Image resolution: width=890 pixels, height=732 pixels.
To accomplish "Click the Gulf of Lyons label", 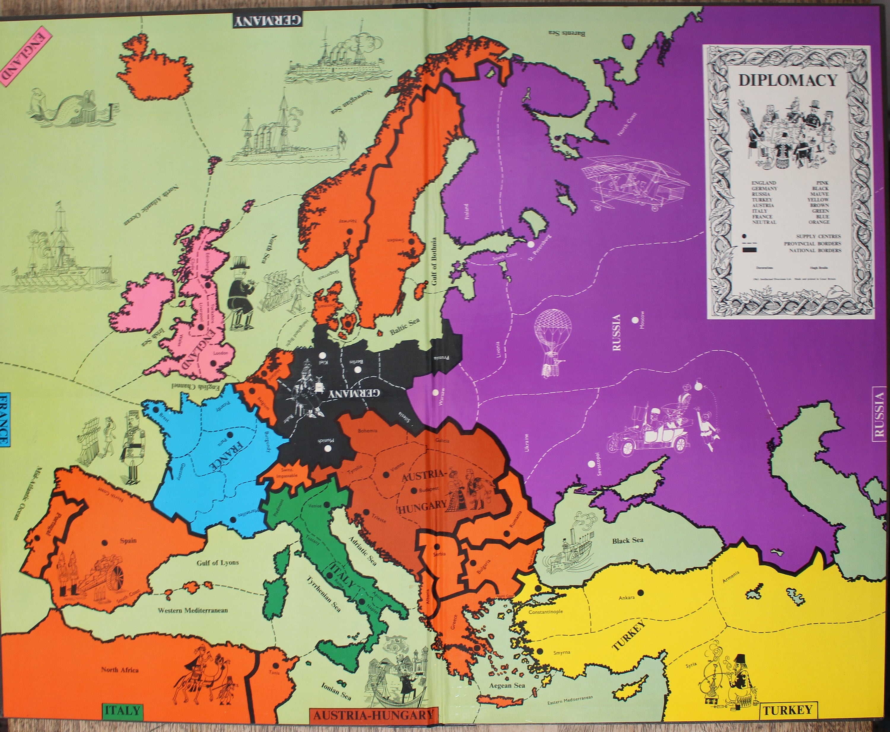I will [x=218, y=562].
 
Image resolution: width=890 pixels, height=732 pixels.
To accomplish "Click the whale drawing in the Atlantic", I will [x=68, y=109].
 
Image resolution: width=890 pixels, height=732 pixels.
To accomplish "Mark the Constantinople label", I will [x=546, y=611].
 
